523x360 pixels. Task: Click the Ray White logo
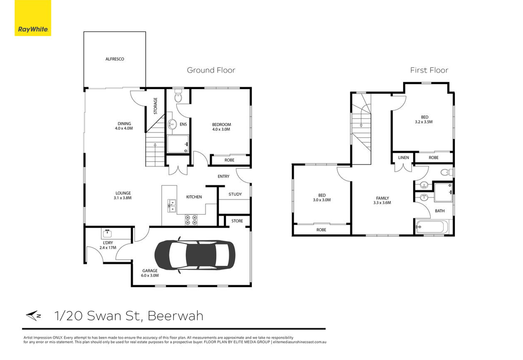[x=33, y=18]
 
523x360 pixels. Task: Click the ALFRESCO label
[x=114, y=59]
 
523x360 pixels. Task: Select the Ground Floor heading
[x=211, y=70]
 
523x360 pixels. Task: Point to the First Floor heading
[x=429, y=70]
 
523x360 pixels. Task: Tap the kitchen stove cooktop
[x=191, y=220]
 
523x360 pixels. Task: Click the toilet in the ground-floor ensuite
[x=178, y=97]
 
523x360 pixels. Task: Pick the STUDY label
[x=235, y=194]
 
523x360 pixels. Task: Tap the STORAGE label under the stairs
[x=155, y=106]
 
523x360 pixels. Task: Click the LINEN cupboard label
[x=403, y=157]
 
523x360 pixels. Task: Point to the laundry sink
[x=107, y=233]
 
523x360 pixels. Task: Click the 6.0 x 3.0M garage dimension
[x=150, y=276]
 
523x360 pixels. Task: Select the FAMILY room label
[x=382, y=198]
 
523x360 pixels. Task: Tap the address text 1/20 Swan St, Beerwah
[x=129, y=316]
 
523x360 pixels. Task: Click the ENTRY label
[x=223, y=176]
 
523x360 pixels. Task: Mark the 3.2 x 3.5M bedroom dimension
[x=424, y=122]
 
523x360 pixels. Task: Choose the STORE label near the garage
[x=237, y=221]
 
